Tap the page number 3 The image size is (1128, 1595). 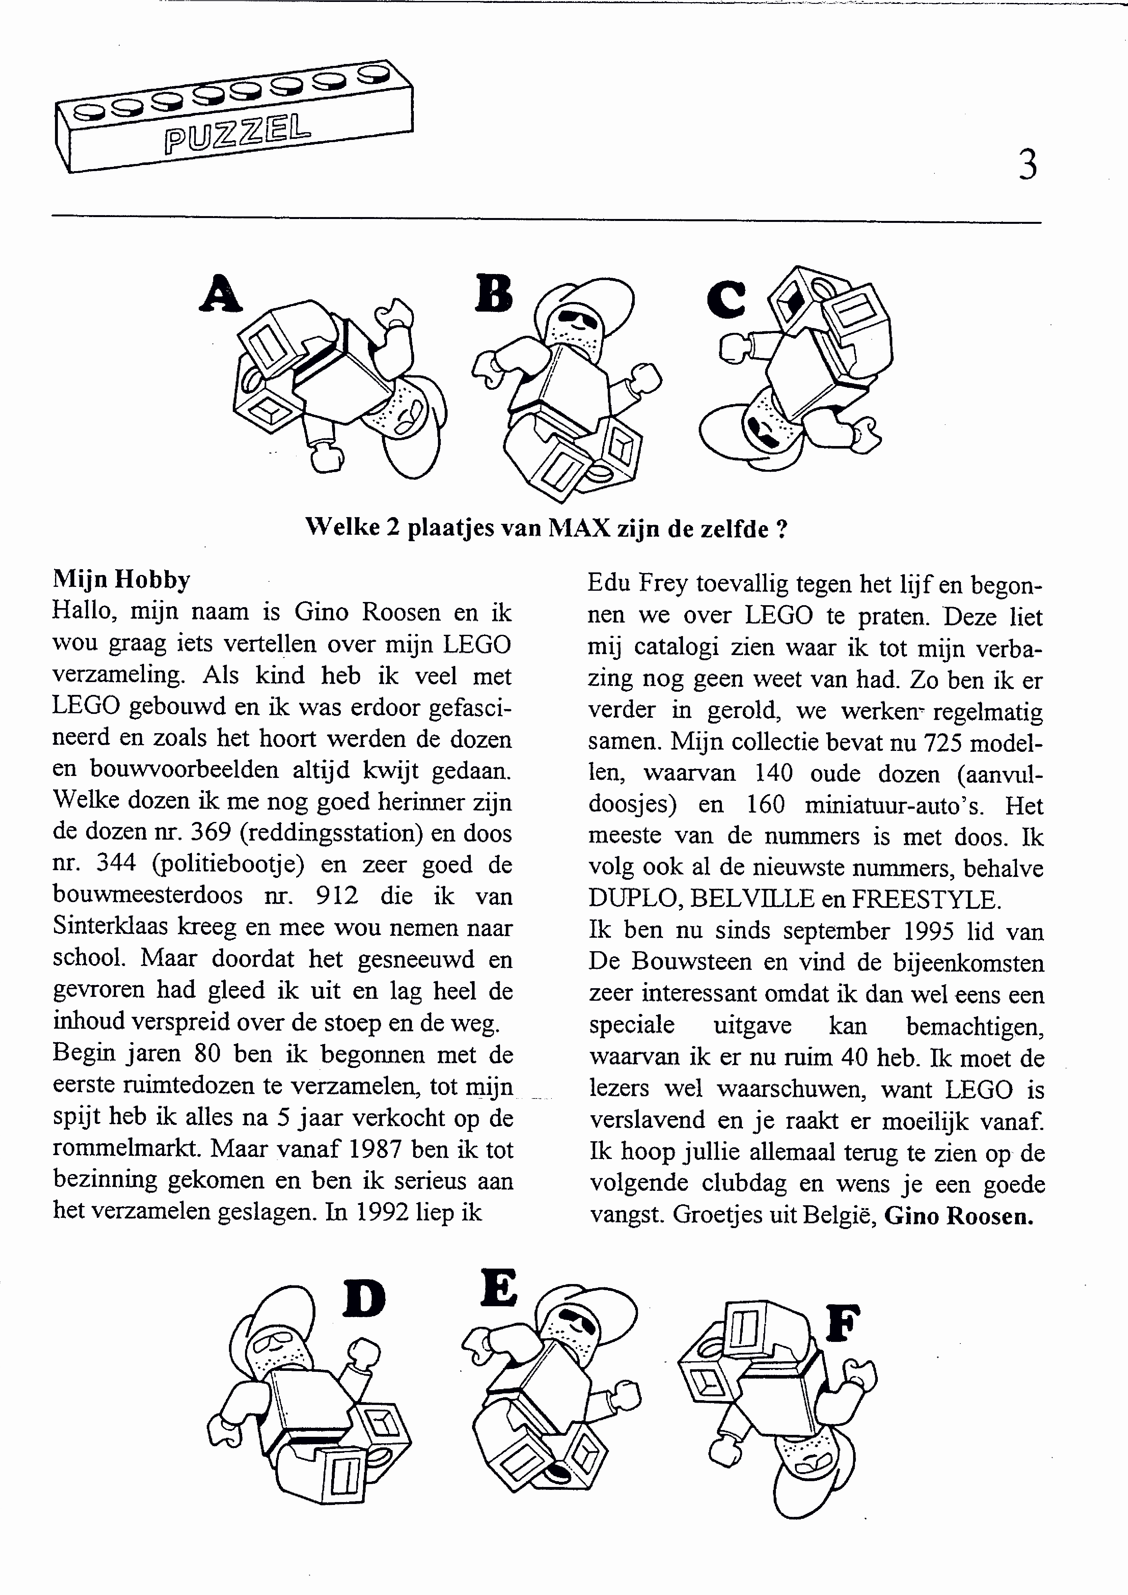(1028, 165)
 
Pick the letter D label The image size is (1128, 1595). (364, 1298)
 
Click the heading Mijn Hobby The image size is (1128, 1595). (122, 579)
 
